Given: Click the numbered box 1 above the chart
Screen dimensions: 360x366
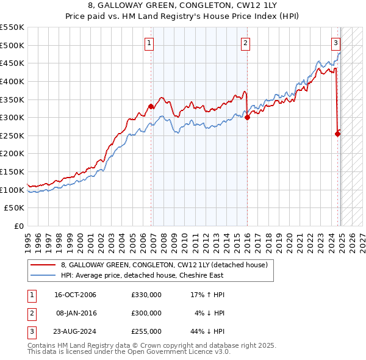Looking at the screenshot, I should (x=149, y=43).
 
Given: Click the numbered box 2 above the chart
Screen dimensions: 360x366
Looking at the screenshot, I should (x=245, y=43).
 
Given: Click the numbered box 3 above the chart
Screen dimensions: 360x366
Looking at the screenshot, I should (x=335, y=43).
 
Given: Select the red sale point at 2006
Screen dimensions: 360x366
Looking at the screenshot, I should (x=151, y=106).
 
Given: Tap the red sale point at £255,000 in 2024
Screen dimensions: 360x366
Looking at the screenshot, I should (x=338, y=134).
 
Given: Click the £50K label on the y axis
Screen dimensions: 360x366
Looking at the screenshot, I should (x=15, y=208).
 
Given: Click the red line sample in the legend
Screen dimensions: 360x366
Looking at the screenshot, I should (x=44, y=265).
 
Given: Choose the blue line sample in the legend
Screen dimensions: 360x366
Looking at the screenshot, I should (x=44, y=276).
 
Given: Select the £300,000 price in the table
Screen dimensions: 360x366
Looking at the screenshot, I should (x=146, y=313).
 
